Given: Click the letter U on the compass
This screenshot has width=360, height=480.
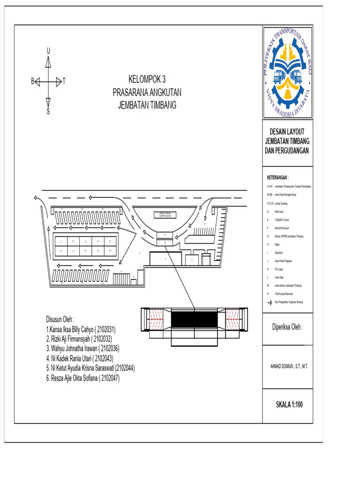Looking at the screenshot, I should point(48,51).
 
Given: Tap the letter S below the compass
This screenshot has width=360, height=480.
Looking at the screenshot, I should point(48,112).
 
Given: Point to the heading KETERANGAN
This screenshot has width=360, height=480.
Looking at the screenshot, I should point(277,178).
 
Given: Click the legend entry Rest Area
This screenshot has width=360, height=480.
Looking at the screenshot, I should point(281,212).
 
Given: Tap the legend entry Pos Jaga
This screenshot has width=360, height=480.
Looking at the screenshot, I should point(280,270).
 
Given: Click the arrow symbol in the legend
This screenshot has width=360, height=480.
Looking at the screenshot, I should point(269,302).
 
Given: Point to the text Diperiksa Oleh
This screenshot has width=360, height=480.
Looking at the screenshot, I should point(288,327).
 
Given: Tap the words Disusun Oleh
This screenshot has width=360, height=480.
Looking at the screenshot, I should point(60,319).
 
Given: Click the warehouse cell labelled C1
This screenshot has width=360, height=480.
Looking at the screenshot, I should point(60,241).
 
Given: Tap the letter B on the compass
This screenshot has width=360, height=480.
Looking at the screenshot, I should point(33,81).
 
